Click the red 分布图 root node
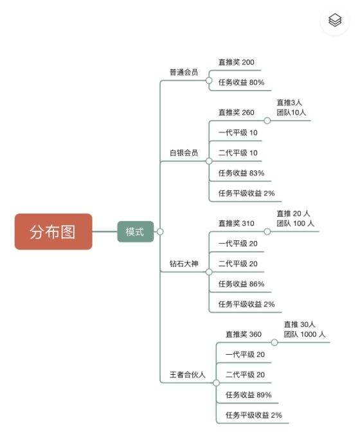pos(53,231)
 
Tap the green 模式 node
pos(135,231)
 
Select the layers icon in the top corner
pos(335,21)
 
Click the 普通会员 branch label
pos(184,72)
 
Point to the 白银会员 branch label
pos(184,153)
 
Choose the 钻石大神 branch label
pos(184,264)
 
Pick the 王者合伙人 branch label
pos(187,374)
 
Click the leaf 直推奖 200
pos(237,62)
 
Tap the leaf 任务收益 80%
pos(241,82)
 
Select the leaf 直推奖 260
pos(237,113)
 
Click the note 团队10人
pos(291,113)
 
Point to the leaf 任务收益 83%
pos(241,173)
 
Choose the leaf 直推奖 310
pos(237,223)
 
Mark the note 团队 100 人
pos(295,223)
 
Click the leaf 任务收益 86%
pos(241,283)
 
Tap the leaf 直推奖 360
pos(244,334)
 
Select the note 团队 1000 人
pos(305,334)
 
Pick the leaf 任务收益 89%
pos(249,395)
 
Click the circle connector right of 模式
pos(160,231)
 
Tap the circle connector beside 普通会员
pos(209,80)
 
